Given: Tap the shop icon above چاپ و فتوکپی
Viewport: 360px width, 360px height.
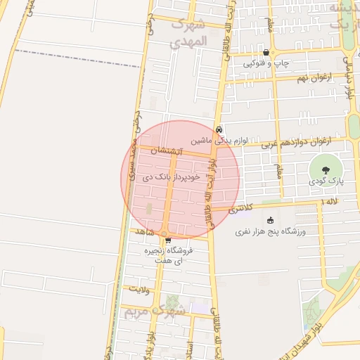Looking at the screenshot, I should pyautogui.click(x=266, y=53).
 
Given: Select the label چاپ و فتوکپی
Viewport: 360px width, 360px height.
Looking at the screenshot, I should pyautogui.click(x=266, y=64).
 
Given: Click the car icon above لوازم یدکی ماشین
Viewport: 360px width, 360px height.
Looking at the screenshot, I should pyautogui.click(x=220, y=129).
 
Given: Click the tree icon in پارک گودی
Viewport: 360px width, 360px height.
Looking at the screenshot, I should pyautogui.click(x=326, y=169).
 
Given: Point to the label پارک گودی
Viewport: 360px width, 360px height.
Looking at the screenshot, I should pyautogui.click(x=326, y=181).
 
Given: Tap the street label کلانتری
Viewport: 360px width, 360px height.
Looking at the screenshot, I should pyautogui.click(x=240, y=208).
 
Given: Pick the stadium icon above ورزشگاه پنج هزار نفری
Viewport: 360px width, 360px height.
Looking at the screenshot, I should pyautogui.click(x=271, y=220).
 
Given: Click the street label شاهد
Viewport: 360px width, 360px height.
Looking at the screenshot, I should pyautogui.click(x=143, y=231).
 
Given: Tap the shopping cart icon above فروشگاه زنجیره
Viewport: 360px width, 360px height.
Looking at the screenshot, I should pyautogui.click(x=167, y=240).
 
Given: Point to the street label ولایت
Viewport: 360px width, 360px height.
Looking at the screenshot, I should pyautogui.click(x=138, y=288).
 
